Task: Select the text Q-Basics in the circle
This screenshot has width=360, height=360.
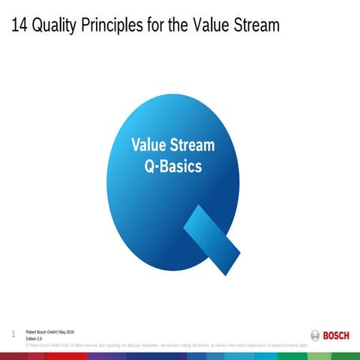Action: click(x=172, y=166)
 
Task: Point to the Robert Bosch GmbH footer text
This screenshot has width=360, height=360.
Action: click(x=40, y=331)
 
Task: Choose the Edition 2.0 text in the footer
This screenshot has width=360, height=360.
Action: click(x=34, y=338)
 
